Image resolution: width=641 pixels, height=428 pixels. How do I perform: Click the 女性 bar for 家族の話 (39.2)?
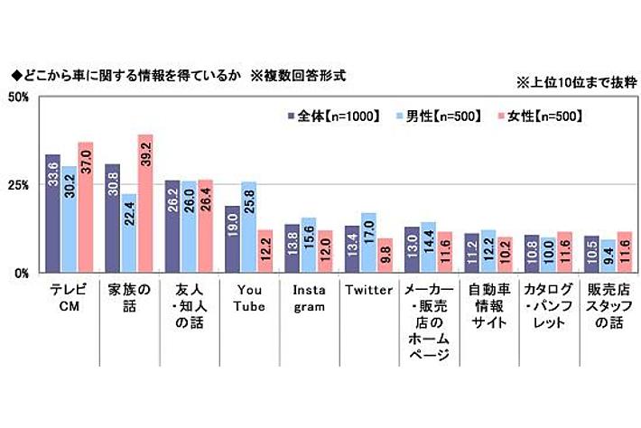(144, 204)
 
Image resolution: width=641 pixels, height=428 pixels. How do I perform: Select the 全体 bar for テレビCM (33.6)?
(52, 214)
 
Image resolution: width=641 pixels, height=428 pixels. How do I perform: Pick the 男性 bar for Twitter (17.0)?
(367, 243)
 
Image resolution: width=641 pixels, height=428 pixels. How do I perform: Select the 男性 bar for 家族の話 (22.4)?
(129, 233)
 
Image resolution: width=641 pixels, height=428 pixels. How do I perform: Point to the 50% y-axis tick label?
(20, 98)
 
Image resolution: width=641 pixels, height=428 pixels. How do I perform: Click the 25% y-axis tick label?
(20, 184)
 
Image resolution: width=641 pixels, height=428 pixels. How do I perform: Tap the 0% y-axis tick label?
(23, 273)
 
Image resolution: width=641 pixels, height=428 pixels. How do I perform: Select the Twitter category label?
(367, 290)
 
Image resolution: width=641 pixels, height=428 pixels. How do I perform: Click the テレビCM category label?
(69, 298)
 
